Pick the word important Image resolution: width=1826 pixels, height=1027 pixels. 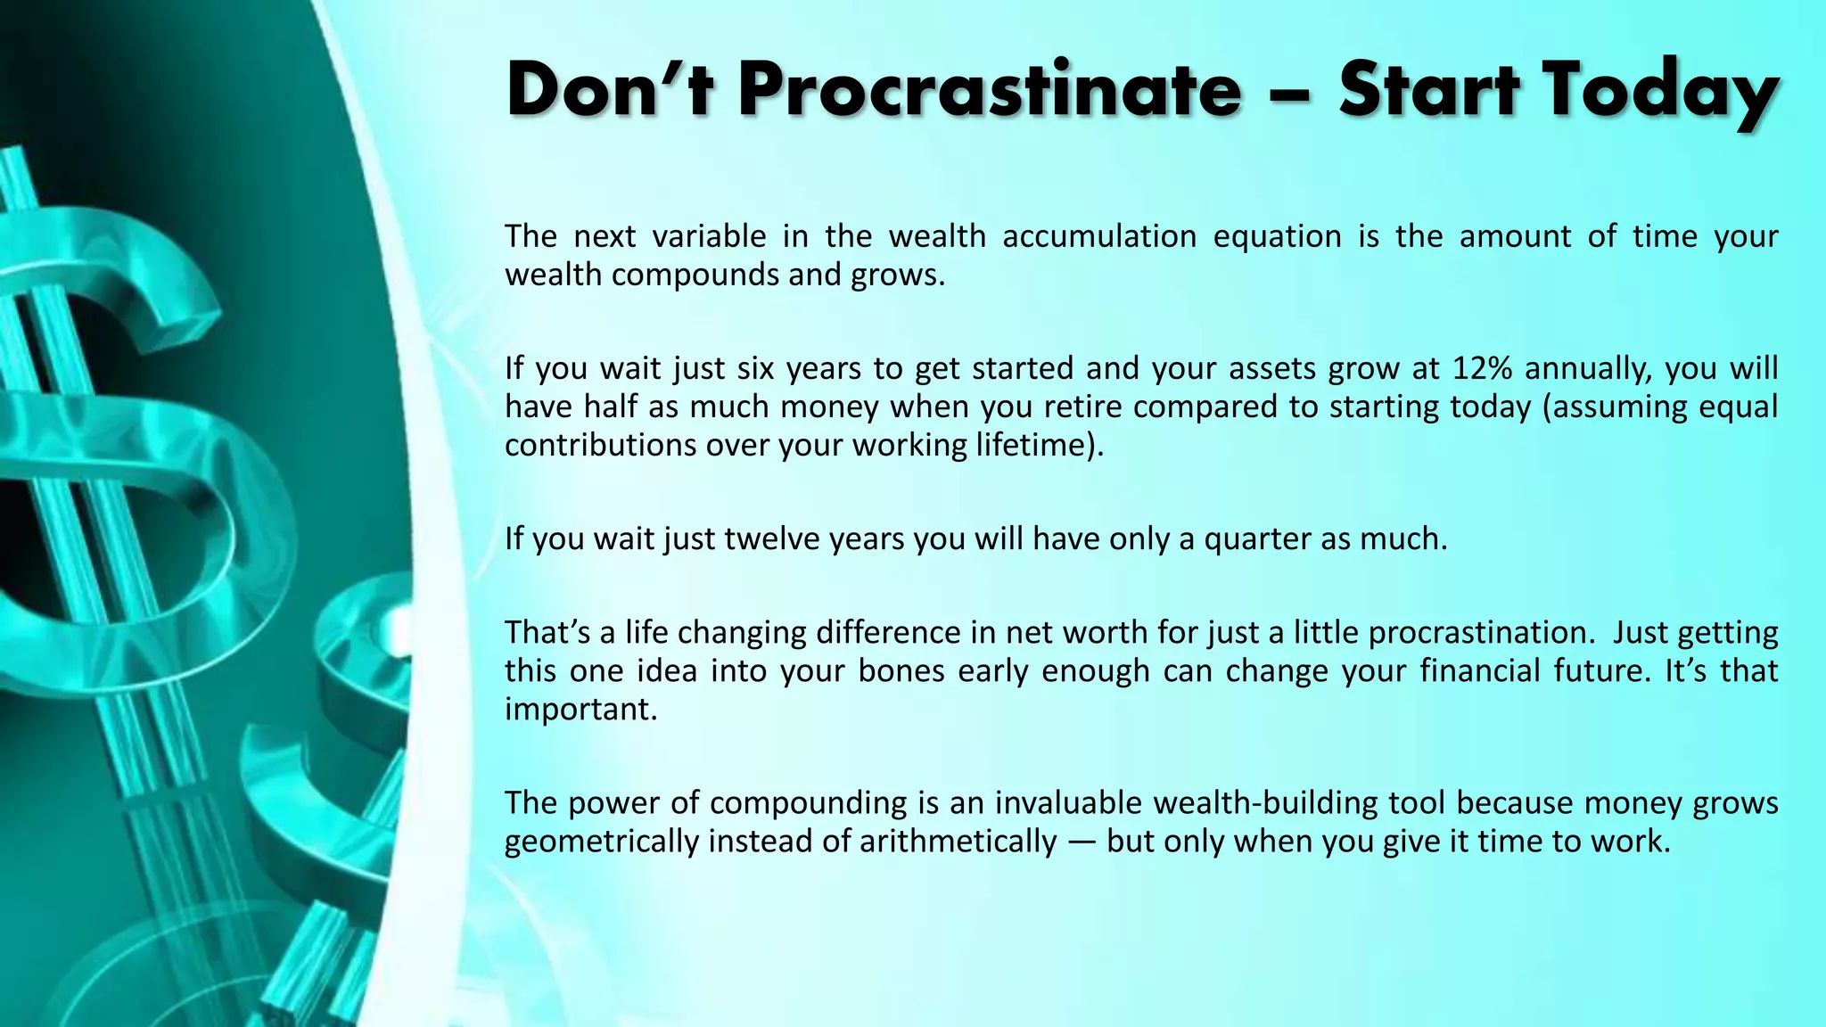580,709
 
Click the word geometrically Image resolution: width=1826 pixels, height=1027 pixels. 601,841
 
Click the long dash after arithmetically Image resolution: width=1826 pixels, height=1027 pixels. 1082,841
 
